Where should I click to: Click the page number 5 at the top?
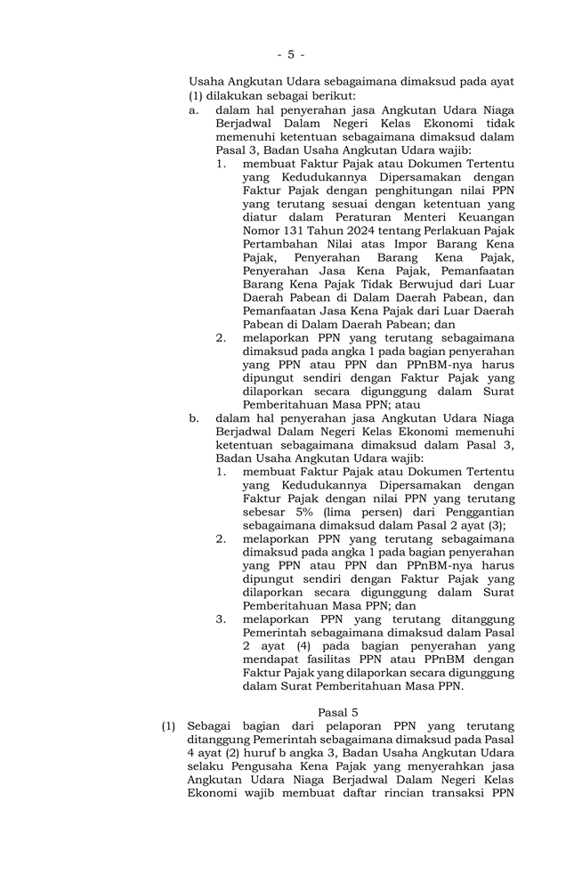point(290,54)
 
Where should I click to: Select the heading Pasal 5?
point(337,712)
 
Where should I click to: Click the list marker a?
point(192,109)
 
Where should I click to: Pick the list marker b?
point(193,417)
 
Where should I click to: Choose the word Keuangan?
point(481,216)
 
